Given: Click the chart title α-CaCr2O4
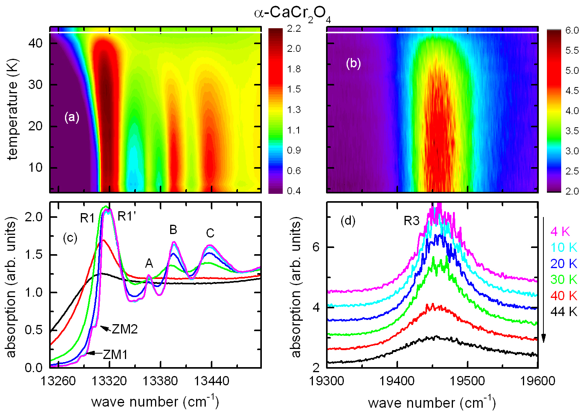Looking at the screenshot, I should (x=292, y=14).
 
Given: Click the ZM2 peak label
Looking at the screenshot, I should (x=125, y=329).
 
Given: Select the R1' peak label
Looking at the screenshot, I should (x=127, y=216).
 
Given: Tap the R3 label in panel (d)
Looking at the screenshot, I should (x=412, y=221).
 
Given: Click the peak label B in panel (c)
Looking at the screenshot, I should (x=173, y=230).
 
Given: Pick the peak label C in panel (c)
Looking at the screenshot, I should (x=210, y=233).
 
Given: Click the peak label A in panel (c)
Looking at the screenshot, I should (x=149, y=264).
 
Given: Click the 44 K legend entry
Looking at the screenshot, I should (x=564, y=311).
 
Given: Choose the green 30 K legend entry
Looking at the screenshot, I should (x=564, y=279).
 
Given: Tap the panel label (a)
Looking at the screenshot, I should (x=72, y=117).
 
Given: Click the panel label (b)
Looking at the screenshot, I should (x=353, y=63).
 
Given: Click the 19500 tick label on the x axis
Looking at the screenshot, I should (x=467, y=381).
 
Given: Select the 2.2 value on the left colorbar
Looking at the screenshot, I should (x=294, y=29).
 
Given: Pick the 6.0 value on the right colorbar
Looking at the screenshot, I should (x=572, y=31).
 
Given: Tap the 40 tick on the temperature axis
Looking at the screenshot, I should (x=35, y=43).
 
